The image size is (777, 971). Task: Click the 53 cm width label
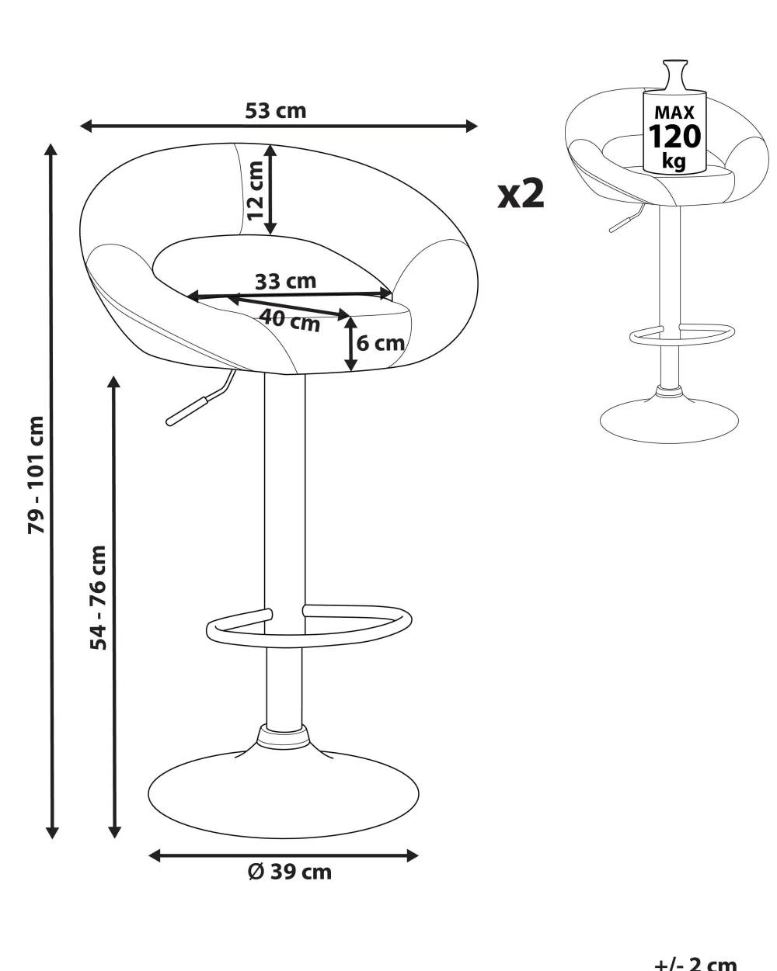pos(276,111)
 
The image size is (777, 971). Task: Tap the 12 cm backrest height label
pos(254,190)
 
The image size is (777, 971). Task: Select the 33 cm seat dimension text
pos(285,280)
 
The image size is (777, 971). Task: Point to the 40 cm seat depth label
pos(290,320)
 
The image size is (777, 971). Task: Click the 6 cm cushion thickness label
pos(381,343)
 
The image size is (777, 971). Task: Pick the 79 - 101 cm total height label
pos(37,475)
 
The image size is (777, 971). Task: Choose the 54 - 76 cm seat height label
pos(99,597)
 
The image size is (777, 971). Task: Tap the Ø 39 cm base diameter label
pos(289,872)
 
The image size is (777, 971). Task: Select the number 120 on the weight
pos(674,137)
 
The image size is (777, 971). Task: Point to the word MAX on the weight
pos(674,113)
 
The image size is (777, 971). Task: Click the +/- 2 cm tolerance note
pos(695,962)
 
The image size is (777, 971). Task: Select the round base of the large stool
pos(283,795)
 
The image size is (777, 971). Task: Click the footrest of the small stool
pos(681,335)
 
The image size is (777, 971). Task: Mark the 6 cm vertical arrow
pos(351,343)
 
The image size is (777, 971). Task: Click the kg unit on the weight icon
pos(674,161)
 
